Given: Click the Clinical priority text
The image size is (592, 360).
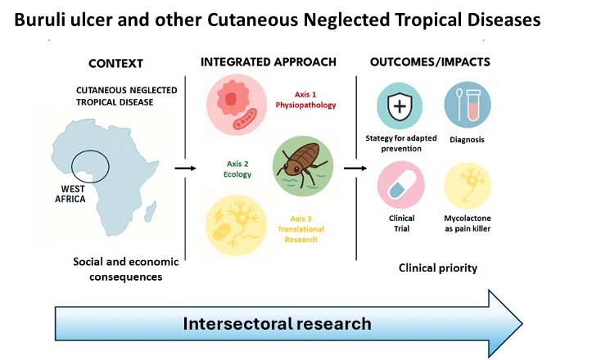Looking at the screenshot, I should click(438, 268).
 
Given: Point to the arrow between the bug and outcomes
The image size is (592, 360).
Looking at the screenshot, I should click(354, 168).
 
